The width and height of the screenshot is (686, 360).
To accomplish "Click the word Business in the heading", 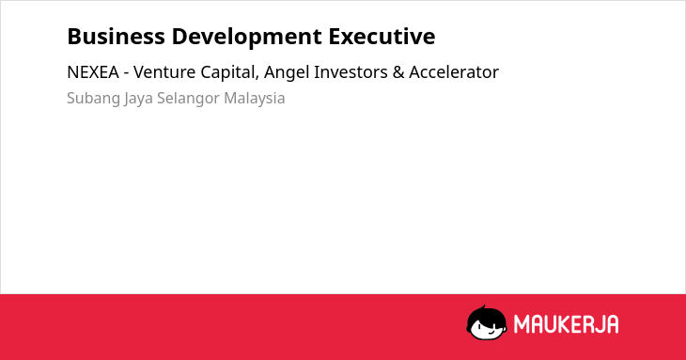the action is pos(116,36).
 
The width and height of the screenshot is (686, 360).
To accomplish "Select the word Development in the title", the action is pos(247,38).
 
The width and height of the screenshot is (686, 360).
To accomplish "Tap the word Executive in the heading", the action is pos(382,36).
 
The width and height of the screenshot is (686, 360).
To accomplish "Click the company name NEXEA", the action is pos(93,72).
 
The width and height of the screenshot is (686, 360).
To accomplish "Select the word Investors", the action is pos(351,72).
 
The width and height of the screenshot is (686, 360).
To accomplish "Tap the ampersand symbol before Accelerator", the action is pos(398,72).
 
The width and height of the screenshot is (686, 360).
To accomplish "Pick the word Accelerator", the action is pos(454,72).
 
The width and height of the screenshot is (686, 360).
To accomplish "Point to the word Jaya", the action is pos(138,99).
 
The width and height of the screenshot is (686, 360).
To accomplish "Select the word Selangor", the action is pos(188,99).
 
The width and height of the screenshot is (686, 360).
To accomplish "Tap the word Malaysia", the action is pos(254,99).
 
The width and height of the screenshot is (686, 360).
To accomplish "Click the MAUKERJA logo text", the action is pos(566,324).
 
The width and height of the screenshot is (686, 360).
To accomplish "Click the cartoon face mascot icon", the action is pos(487,323).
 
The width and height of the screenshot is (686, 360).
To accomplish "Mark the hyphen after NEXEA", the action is pos(126,73).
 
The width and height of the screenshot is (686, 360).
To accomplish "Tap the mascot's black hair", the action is pos(486,314).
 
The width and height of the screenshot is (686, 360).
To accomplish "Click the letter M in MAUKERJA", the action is pos(522,324).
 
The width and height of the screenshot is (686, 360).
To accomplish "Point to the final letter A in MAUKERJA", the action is pos(613,324).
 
